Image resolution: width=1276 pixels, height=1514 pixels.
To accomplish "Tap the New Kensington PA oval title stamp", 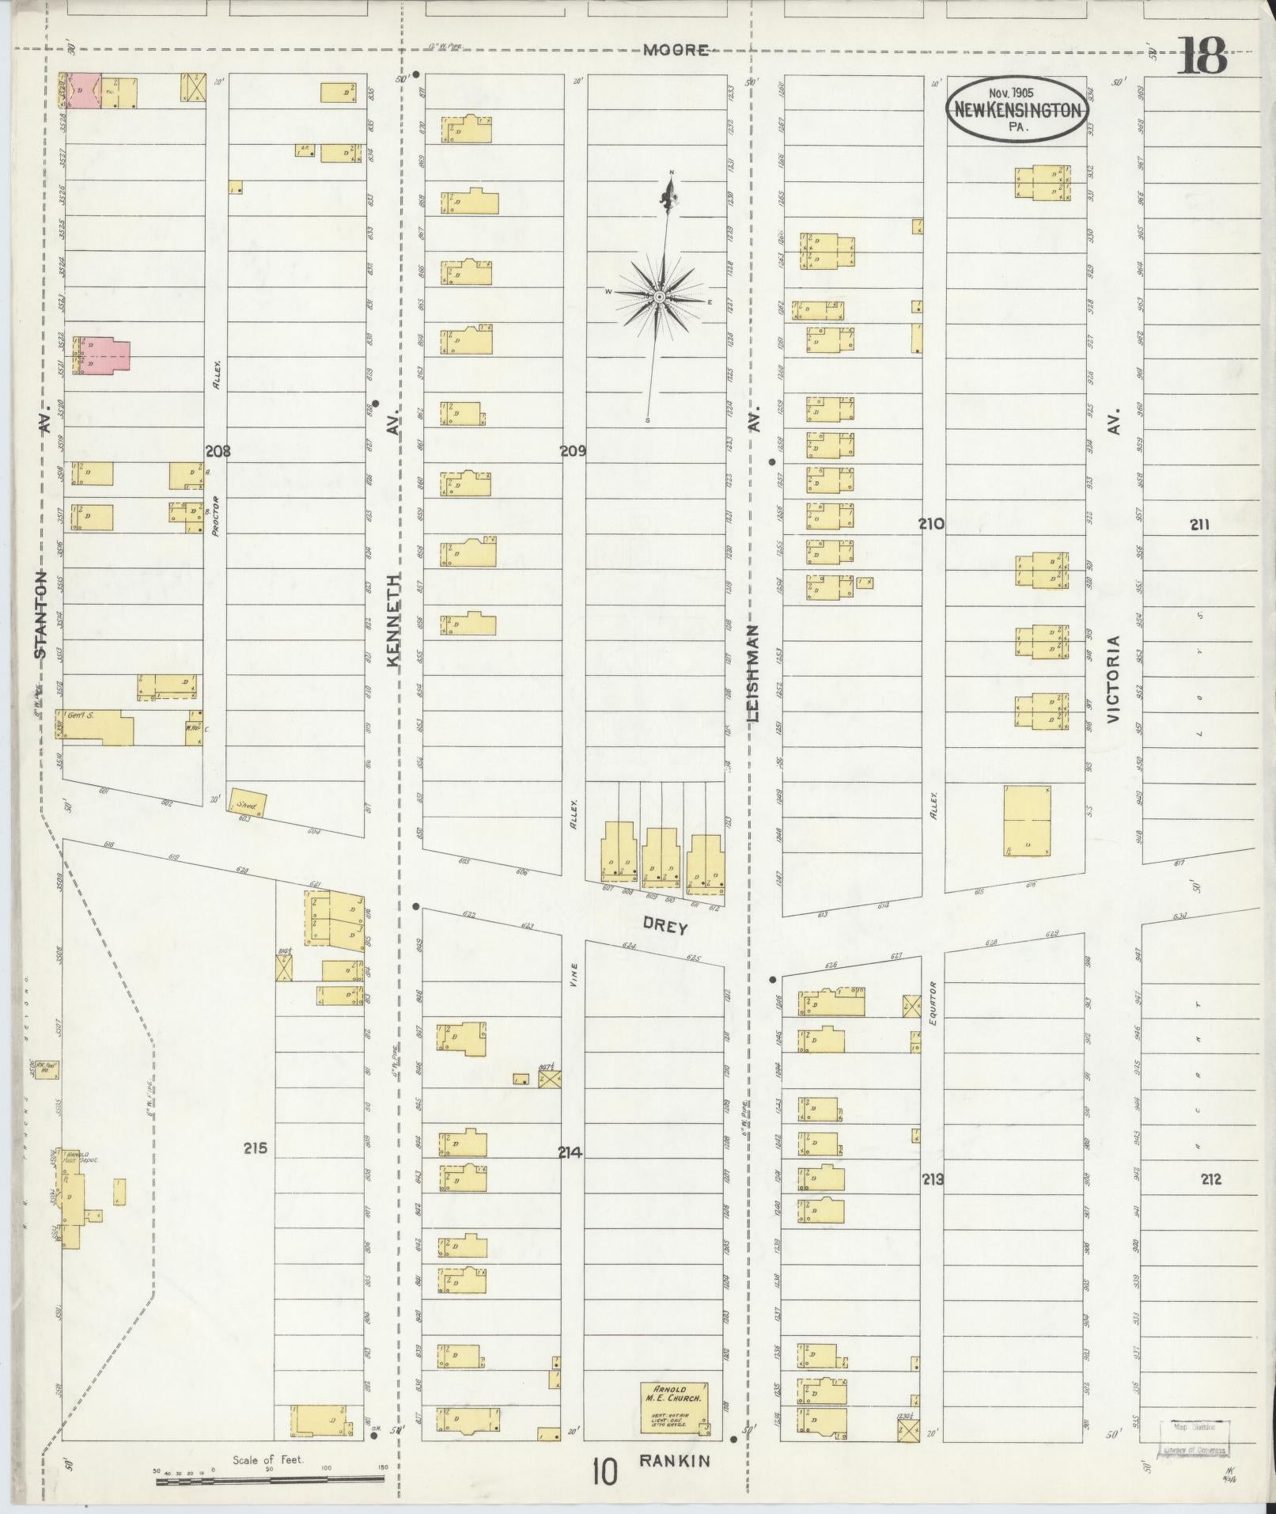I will coord(1017,110).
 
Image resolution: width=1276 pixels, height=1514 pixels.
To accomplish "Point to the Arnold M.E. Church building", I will coord(674,1408).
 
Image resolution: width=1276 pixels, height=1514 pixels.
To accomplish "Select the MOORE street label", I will coord(675,50).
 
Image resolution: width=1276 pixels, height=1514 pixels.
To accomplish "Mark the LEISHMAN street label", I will coord(752,674).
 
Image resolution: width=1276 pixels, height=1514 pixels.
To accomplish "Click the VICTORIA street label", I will coord(1115,679).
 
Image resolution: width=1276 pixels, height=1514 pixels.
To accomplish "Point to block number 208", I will coord(218,451).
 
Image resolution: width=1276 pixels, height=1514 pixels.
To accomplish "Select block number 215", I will coord(256,1148).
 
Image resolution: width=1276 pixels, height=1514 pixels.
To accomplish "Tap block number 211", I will coord(1199,524).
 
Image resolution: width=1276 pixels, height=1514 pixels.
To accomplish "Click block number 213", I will coord(933,1180).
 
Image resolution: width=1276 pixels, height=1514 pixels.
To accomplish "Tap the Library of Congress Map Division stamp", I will coord(1195,1438).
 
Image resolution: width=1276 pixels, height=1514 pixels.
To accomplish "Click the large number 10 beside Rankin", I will coord(604,1473).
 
